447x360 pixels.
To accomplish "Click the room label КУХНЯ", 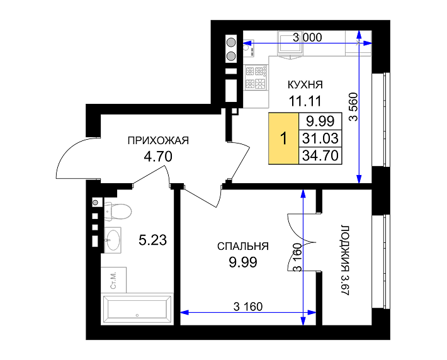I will point(305,84).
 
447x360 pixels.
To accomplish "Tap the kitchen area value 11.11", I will point(305,99).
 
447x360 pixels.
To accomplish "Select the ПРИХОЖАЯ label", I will point(158,140).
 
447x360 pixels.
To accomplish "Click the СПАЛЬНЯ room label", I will point(242,247).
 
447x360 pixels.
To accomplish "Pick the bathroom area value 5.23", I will point(152,239).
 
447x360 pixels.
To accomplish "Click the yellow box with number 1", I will point(283,138).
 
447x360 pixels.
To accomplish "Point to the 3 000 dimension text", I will point(307,37).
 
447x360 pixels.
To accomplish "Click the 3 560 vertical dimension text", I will point(353,107).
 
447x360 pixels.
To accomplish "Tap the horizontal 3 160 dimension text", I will point(247,307).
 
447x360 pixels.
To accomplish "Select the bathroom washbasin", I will point(113,239).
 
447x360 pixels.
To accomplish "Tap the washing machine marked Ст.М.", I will point(114,277).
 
